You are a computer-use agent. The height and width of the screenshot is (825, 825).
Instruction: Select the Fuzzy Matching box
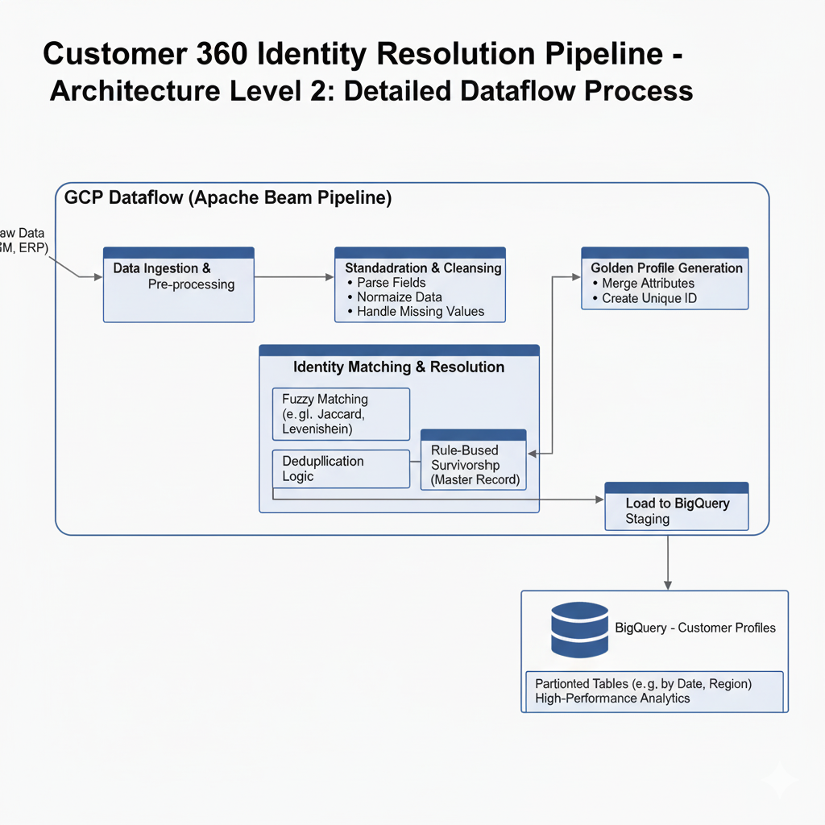click(x=341, y=413)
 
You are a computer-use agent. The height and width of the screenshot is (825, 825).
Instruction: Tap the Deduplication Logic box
click(x=341, y=469)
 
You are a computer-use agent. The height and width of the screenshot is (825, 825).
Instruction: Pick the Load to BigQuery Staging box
click(x=676, y=510)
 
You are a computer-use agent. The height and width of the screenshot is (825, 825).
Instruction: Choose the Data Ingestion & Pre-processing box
click(x=179, y=284)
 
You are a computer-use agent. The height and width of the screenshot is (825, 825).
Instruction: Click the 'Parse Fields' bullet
click(x=392, y=283)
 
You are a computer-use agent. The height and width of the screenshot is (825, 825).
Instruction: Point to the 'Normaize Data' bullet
click(x=400, y=297)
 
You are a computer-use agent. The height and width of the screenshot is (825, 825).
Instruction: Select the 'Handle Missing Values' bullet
click(x=421, y=311)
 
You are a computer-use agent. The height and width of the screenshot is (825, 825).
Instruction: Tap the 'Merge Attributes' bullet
click(x=648, y=284)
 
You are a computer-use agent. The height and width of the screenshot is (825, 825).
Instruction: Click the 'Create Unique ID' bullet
click(x=649, y=298)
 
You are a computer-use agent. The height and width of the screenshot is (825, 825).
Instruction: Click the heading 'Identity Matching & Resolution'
click(x=399, y=367)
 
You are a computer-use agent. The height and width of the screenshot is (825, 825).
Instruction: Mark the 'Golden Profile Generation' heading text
click(x=666, y=267)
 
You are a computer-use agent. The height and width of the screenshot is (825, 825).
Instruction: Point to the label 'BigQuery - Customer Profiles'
click(x=695, y=628)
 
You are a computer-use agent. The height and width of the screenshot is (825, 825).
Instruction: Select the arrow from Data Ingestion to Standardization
click(x=294, y=277)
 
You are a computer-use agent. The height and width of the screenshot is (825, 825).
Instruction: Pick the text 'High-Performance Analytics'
click(x=612, y=699)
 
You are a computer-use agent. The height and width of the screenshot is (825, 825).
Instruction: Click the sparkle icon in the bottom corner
click(x=780, y=778)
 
